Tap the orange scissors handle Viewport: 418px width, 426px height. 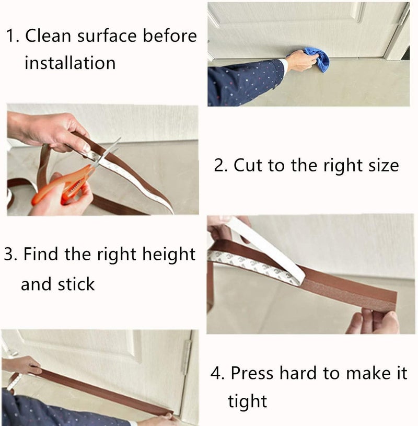(64, 185)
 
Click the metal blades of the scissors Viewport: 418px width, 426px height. (107, 152)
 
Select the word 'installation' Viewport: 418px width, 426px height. (70, 63)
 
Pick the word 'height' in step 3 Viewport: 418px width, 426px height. (169, 255)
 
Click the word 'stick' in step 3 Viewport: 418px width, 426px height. (76, 284)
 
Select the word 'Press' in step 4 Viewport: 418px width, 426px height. (252, 373)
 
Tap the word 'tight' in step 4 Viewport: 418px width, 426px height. (248, 401)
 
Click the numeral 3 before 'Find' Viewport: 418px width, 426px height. (9, 255)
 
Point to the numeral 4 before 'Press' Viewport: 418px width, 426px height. (216, 373)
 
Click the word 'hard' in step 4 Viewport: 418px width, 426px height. (298, 373)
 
